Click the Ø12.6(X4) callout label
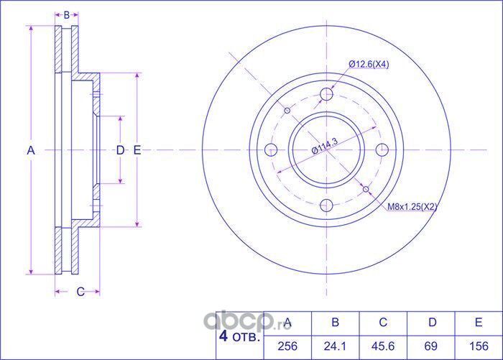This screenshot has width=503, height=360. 369,65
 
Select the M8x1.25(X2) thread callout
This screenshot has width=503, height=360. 412,207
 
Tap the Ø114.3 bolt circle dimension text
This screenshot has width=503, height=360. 325,148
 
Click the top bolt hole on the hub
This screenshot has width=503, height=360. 327,94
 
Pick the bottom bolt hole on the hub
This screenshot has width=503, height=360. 327,205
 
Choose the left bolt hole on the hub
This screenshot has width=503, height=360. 272,149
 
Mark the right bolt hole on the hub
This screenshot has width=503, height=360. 382,149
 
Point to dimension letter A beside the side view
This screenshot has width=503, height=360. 30,149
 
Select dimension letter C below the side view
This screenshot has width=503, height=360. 80,291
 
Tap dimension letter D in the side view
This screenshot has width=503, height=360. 120,149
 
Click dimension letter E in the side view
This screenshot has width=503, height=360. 137,149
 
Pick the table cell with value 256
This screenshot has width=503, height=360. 287,346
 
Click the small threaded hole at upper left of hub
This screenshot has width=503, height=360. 287,110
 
